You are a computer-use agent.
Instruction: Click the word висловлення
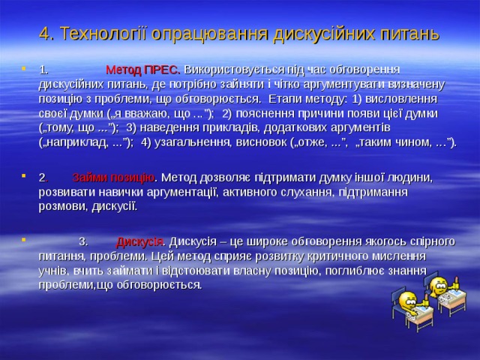(405, 97)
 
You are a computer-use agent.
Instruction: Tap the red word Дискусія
(140, 241)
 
